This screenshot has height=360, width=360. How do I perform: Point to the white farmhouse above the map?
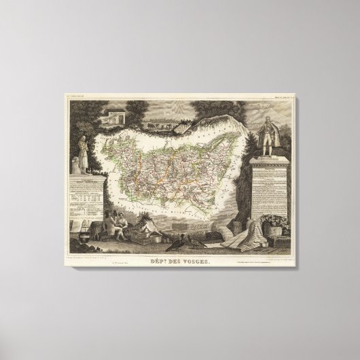113,116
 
